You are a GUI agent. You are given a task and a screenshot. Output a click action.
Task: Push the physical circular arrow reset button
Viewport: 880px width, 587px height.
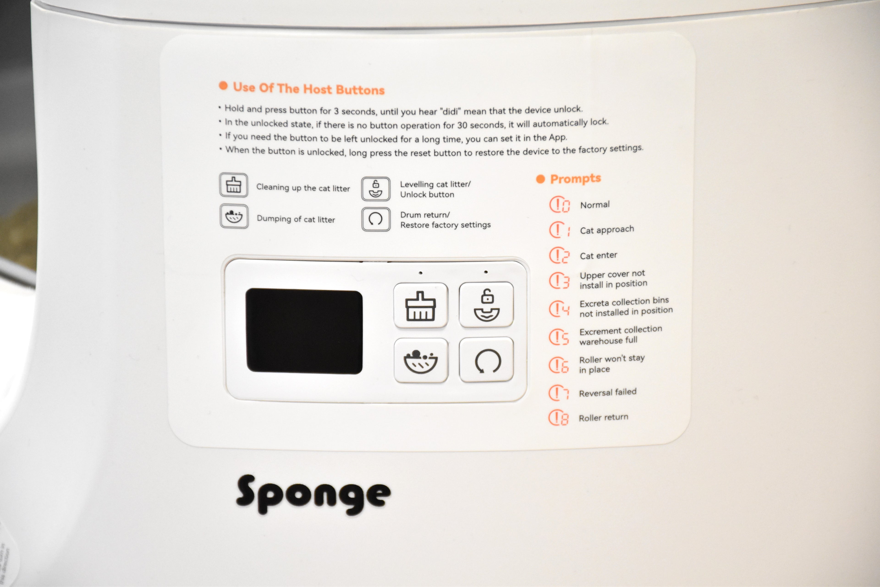tap(486, 360)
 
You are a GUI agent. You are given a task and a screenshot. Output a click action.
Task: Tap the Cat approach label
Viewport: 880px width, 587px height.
tap(607, 230)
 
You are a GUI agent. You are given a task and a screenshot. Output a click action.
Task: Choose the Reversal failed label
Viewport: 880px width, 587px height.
tap(608, 392)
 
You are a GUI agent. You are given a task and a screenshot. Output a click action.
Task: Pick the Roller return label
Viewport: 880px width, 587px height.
tap(603, 417)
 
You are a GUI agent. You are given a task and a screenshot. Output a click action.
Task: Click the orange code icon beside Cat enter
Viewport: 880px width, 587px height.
tap(559, 255)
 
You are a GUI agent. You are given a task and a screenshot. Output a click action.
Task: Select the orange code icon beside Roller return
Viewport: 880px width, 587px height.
tap(558, 417)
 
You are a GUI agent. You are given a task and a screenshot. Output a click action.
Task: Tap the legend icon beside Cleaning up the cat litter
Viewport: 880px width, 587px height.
tap(234, 185)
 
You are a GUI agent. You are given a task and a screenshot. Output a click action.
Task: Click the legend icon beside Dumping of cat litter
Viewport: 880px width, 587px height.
tap(234, 216)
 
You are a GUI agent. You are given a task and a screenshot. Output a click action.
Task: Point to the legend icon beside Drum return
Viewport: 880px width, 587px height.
tap(376, 219)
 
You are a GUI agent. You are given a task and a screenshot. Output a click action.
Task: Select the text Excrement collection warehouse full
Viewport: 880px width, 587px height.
tap(620, 335)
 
